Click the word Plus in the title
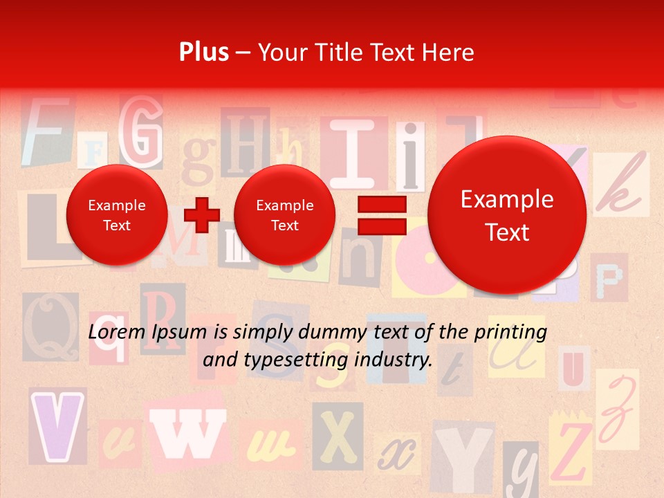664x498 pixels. tap(203, 53)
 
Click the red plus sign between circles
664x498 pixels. tap(201, 214)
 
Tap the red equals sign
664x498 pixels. tap(381, 214)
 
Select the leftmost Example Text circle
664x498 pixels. tap(117, 215)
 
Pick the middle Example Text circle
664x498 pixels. tap(285, 215)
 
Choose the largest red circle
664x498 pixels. tap(507, 215)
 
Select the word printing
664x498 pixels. tap(510, 333)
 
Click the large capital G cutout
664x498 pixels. tap(142, 131)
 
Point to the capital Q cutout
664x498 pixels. tap(50, 326)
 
